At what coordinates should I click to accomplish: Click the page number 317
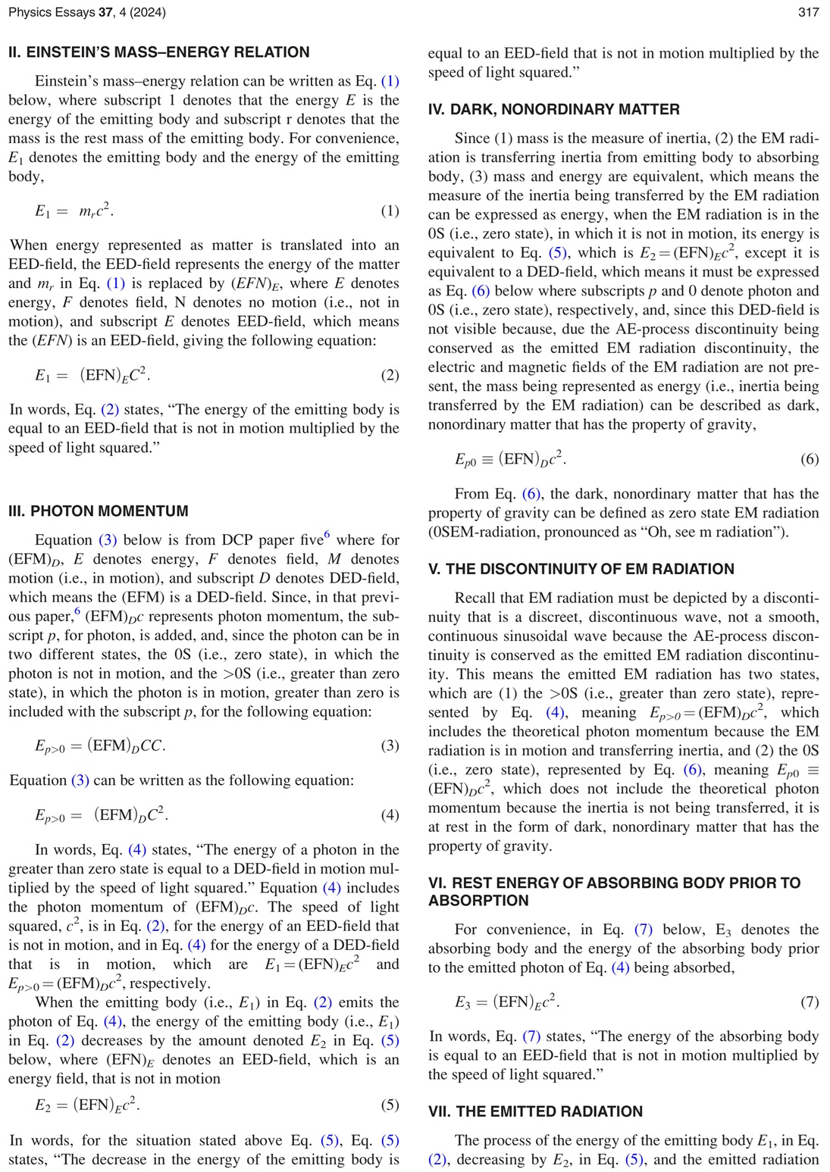coord(808,12)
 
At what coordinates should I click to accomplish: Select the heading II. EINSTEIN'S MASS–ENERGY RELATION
coord(158,52)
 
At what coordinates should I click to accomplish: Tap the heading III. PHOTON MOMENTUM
coord(99,511)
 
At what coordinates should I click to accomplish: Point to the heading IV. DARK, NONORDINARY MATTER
coord(553,109)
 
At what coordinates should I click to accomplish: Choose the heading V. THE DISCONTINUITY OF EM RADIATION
coord(581,569)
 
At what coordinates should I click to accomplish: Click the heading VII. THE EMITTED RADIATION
coord(535,1111)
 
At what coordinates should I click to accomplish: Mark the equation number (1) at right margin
coord(389,211)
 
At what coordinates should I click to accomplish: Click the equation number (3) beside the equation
coord(389,745)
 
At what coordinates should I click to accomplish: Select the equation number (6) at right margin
coord(809,459)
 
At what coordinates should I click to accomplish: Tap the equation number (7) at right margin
coord(809,1002)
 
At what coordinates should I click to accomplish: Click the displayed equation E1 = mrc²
coord(74,211)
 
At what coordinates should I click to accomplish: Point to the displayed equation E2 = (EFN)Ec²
coord(87,1105)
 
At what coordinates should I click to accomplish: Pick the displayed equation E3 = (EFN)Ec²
coord(507,1002)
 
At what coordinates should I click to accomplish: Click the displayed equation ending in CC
coord(100,745)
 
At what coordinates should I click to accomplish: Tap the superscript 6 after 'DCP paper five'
coord(327,535)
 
